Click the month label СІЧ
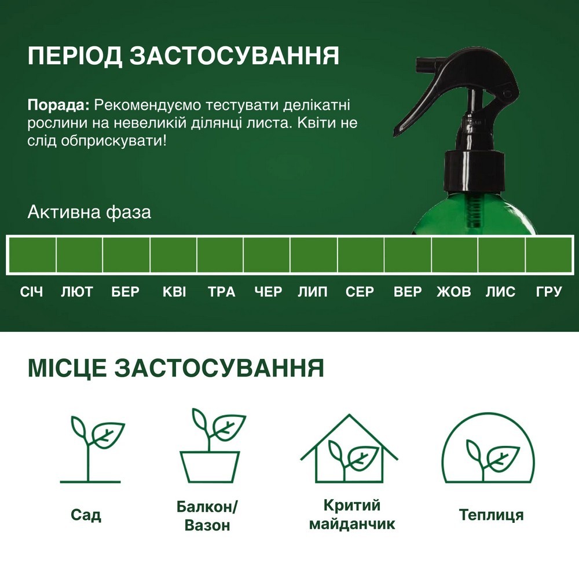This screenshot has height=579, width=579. [31, 292]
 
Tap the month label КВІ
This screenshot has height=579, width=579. [174, 292]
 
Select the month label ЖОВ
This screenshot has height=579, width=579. [453, 292]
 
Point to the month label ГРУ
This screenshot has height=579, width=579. [549, 292]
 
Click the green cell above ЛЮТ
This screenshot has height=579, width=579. [79, 255]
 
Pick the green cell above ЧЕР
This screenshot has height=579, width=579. [266, 255]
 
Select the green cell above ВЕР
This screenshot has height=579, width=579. [407, 255]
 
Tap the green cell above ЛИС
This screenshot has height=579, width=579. [501, 255]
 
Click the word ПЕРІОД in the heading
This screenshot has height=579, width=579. [74, 57]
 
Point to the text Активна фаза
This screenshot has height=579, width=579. [89, 212]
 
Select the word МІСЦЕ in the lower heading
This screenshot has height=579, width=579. [66, 368]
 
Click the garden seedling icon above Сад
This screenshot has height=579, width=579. [91, 449]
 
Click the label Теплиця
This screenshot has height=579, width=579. [491, 515]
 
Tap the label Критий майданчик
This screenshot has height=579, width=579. [351, 515]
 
